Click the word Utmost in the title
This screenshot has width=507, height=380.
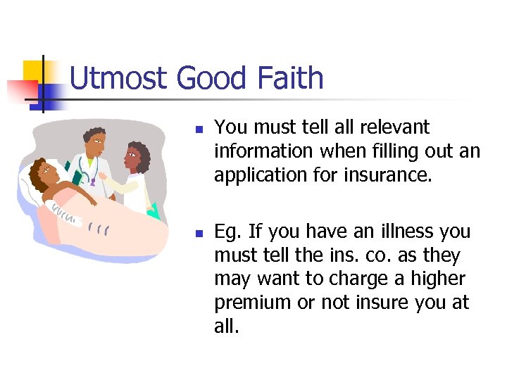click(119, 78)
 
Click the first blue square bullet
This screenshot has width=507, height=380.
click(199, 130)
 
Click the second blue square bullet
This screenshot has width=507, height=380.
click(199, 234)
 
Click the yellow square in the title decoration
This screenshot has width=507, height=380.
click(33, 70)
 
